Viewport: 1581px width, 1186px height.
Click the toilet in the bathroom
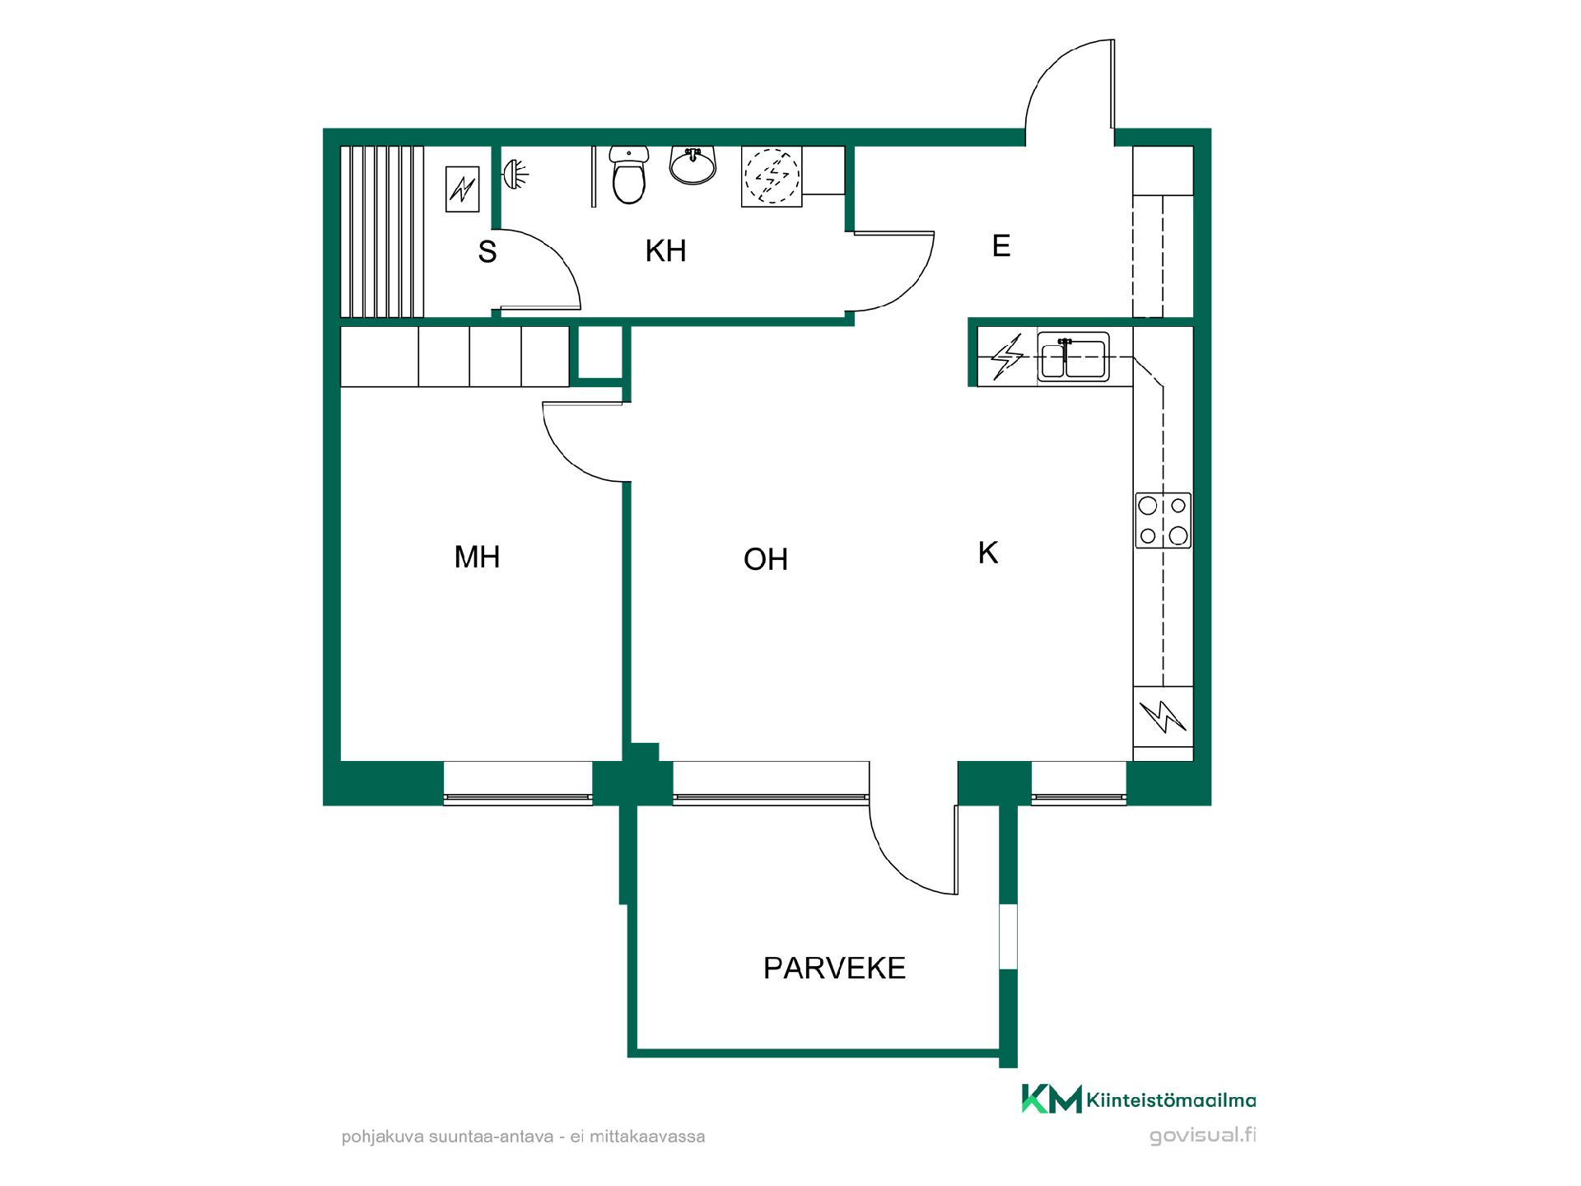[x=629, y=175]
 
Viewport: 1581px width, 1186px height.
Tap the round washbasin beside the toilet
[x=693, y=165]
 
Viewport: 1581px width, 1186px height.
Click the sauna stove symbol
[x=462, y=189]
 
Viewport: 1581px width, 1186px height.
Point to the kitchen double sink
[x=1073, y=357]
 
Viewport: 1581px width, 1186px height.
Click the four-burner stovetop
[x=1163, y=520]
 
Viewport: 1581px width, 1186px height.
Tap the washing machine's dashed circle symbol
[x=772, y=176]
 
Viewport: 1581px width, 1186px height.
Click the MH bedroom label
[x=477, y=558]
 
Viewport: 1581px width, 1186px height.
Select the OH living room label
[x=766, y=560]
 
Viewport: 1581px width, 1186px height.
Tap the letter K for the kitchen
[x=988, y=553]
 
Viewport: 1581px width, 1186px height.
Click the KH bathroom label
[x=665, y=251]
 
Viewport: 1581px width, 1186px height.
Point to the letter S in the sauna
[x=487, y=252]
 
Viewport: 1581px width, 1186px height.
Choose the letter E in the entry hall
[x=1001, y=246]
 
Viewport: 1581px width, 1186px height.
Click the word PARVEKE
[x=834, y=969]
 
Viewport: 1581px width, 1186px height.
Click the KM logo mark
[x=1052, y=1100]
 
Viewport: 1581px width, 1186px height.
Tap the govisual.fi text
[x=1202, y=1136]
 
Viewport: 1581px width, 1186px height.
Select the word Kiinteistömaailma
[x=1172, y=1100]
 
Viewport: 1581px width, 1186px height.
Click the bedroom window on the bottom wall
[x=518, y=782]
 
